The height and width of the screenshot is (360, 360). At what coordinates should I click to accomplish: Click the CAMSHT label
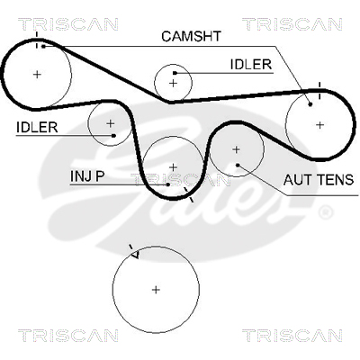pos(191,36)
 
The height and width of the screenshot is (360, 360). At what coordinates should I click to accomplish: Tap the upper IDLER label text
pos(251,65)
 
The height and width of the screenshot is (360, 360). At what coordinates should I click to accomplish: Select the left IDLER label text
pos(37,128)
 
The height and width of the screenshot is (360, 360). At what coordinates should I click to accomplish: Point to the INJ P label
pos(87,176)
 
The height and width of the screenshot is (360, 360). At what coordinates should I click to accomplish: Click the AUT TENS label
pos(319,180)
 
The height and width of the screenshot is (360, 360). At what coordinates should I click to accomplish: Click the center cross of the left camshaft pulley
pos(37,74)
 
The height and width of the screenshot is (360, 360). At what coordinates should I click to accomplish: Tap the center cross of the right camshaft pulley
pos(320,125)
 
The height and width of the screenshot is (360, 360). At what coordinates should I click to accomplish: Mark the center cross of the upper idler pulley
pos(173,83)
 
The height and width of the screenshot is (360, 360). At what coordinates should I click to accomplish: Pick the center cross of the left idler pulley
pos(111,123)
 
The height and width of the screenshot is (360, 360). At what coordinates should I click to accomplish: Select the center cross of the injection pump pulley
pos(173,167)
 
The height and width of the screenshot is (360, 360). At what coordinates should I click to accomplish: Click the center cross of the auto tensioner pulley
pos(237,149)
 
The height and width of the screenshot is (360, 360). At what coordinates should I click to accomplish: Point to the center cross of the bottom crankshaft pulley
pos(156,290)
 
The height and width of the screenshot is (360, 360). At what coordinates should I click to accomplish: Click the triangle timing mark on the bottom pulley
pos(135,255)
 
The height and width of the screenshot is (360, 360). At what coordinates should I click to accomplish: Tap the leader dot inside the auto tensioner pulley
pos(238,165)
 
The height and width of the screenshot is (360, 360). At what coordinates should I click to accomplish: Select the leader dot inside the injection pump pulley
pos(168,184)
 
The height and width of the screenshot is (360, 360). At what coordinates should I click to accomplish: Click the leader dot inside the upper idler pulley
pos(175,73)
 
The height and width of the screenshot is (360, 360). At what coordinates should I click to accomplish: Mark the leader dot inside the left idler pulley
pos(113,136)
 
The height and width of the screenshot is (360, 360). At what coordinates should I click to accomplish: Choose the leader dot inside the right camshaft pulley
pos(310,104)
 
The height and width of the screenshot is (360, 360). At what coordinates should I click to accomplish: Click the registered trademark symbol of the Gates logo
pos(325,212)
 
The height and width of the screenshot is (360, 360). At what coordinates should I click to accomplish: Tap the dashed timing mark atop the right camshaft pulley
pos(319,90)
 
